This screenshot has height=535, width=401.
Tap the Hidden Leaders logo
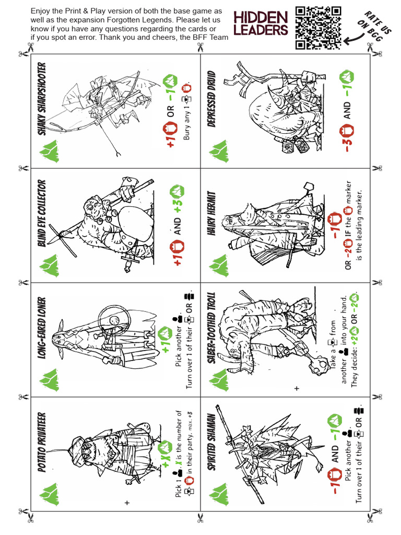coord(261,24)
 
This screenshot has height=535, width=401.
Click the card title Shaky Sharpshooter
coord(42,99)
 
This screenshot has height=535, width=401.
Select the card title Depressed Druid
coord(211,99)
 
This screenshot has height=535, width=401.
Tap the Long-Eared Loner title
coord(42,330)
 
